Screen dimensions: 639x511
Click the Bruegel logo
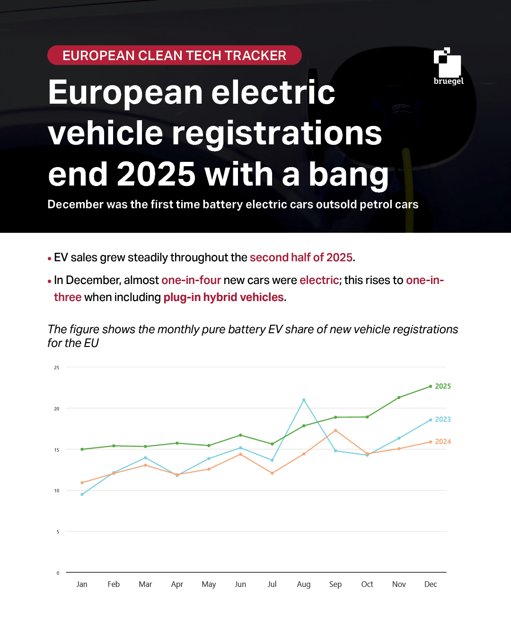pos(448,66)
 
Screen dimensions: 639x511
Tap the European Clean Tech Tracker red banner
pos(174,55)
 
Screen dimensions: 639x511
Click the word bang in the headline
pos(348,174)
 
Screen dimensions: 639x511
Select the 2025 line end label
pos(443,386)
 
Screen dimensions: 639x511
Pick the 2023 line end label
pos(443,419)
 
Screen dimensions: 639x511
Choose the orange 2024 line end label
pos(443,442)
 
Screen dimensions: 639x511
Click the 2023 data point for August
pos(304,400)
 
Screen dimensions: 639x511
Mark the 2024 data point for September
pos(335,430)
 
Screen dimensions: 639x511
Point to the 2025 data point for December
pos(431,386)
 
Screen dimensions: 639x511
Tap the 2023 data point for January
pos(82,494)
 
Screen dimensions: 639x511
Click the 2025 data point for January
pos(82,449)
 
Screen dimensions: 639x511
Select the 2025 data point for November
pos(399,398)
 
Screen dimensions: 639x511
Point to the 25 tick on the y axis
pos(57,367)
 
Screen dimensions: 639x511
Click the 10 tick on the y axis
pos(57,491)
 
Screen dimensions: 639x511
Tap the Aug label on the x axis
pos(304,584)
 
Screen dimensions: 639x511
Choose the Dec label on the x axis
pos(431,584)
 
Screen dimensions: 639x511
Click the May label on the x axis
pos(209,584)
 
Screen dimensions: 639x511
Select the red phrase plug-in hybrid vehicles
pos(223,297)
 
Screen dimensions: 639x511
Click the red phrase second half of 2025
pos(301,257)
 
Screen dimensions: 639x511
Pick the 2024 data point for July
pos(272,473)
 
